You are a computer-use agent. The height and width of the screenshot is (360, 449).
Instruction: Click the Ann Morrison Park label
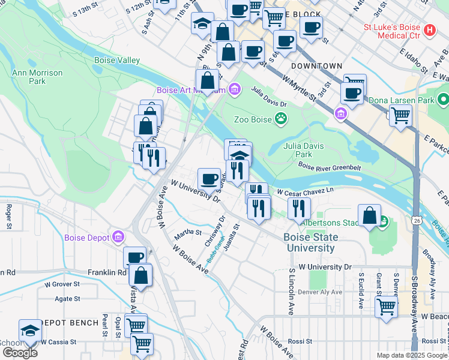(29, 77)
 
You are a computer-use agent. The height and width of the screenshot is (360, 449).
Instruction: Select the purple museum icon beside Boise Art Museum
(234, 91)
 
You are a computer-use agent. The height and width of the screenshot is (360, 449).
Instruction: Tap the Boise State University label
(310, 242)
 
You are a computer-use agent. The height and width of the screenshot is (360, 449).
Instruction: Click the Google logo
(19, 352)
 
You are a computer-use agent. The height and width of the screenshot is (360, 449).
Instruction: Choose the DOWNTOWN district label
(316, 66)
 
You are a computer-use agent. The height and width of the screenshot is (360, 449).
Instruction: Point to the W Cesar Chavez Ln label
(304, 192)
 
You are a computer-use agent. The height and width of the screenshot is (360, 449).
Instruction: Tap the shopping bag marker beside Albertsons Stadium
(370, 216)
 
